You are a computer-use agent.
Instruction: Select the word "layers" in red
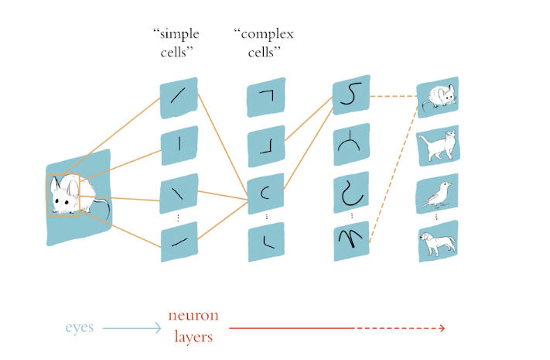click(190, 338)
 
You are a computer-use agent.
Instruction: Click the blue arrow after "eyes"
click(131, 327)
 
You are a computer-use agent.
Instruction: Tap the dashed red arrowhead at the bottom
click(442, 328)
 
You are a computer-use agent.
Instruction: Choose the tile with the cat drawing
click(438, 145)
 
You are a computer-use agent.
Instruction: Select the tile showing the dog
click(438, 242)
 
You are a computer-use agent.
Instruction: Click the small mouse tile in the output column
click(438, 96)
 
